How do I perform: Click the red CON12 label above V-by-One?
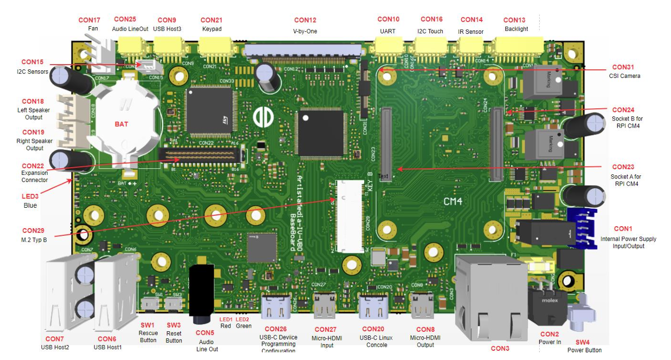(305, 20)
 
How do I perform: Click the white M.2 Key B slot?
(350, 215)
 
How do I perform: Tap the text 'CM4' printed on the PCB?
(453, 202)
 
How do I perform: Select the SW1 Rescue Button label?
(148, 325)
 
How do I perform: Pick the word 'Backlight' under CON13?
(516, 29)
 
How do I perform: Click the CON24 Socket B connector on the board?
(497, 144)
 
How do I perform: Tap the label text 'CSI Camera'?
(623, 76)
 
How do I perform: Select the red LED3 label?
(30, 196)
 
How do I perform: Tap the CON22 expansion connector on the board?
(200, 154)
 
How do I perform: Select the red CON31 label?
(623, 67)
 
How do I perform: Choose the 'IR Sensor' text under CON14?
(470, 32)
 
